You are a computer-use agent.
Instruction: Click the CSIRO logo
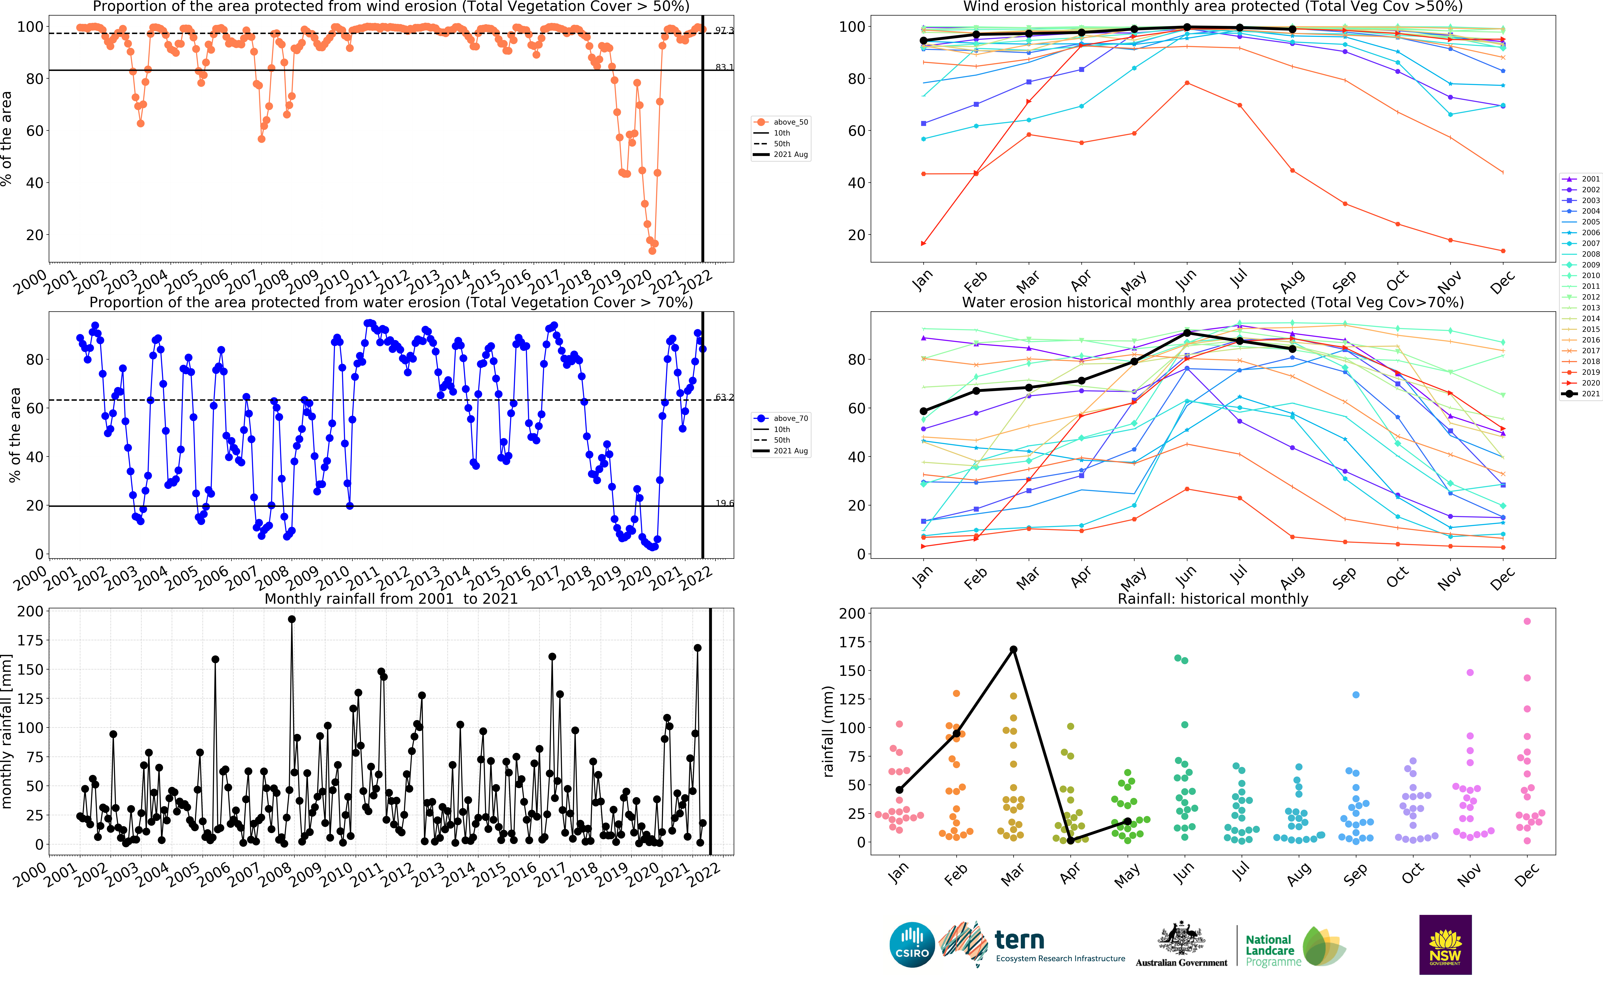point(912,945)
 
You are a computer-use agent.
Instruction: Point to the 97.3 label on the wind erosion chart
point(724,30)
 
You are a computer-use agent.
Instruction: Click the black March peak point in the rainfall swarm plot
point(1013,650)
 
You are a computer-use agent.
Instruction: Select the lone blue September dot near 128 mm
point(1355,695)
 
